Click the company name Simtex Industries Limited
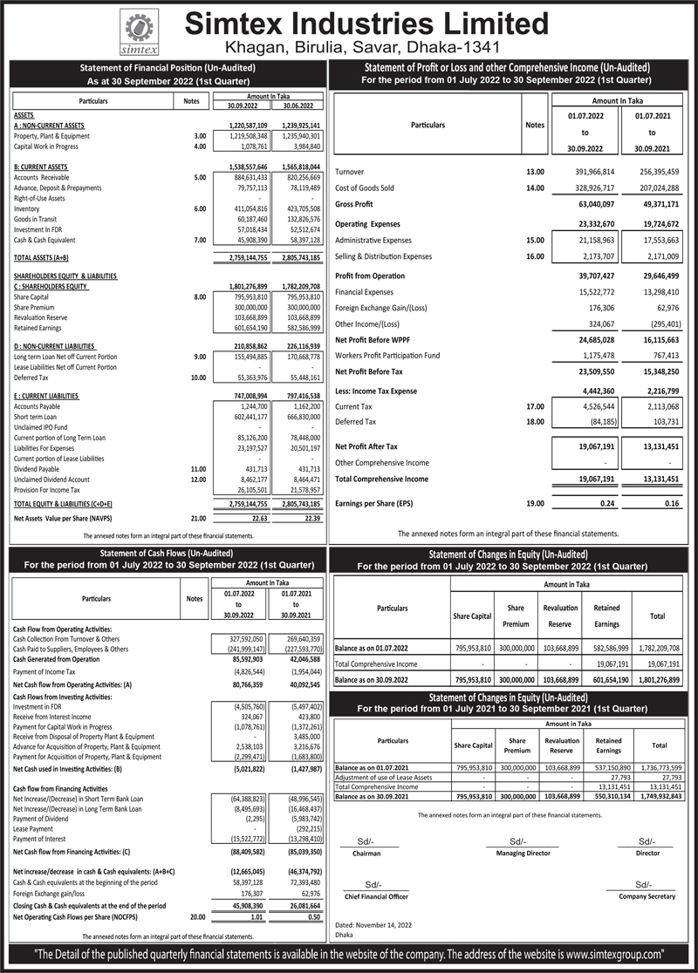click(x=384, y=24)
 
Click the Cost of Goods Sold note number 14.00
click(x=534, y=187)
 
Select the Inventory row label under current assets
click(x=27, y=209)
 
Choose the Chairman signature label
click(x=366, y=854)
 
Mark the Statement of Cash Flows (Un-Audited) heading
click(x=167, y=554)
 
